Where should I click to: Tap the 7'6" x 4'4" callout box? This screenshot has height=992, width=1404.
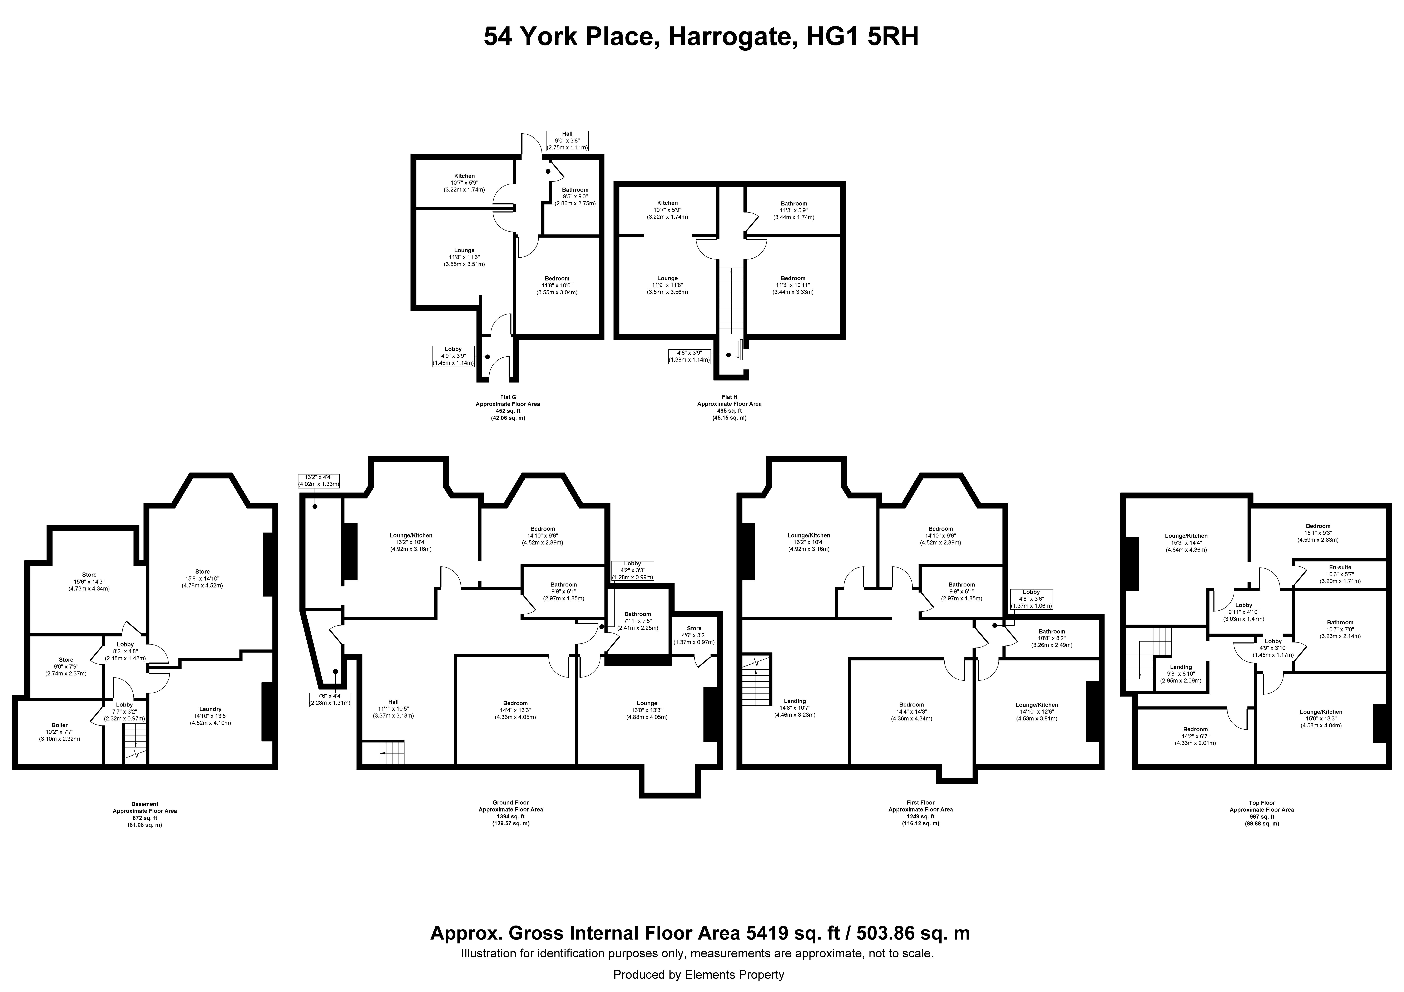(330, 699)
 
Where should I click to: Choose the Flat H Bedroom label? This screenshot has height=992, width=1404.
(793, 285)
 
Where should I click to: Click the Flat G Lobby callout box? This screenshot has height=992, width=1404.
(453, 356)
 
